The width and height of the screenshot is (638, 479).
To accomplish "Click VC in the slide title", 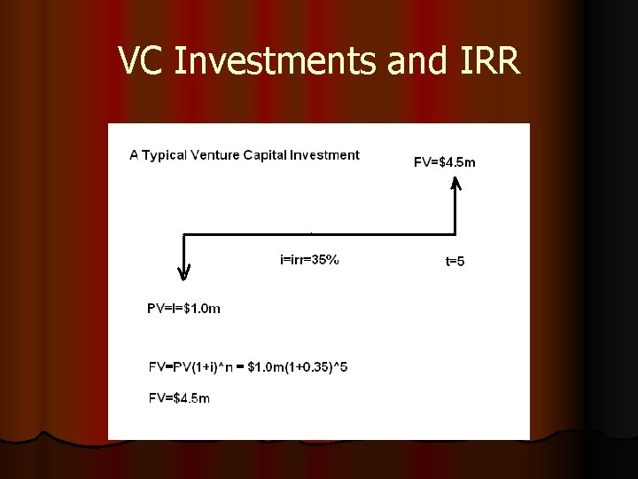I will point(137,60).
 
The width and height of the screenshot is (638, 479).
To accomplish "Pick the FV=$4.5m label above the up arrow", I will point(444,161).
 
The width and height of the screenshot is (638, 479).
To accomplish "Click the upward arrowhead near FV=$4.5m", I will point(455,185).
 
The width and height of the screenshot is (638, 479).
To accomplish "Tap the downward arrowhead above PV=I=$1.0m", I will point(183,275).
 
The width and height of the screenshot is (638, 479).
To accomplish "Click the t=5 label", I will point(455,262).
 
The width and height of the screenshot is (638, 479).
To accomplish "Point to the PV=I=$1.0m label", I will point(183,309).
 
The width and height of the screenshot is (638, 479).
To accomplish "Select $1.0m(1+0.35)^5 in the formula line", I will point(297,366).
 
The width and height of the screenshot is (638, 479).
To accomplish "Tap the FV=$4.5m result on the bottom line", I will point(179,398).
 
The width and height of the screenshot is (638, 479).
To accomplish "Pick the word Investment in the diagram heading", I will point(326,155).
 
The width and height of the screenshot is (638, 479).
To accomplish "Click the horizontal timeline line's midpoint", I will point(318,233).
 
